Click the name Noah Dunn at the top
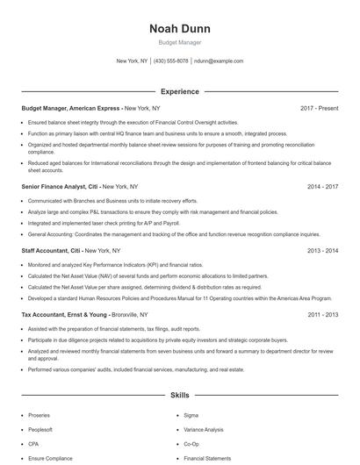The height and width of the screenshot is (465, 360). [179, 28]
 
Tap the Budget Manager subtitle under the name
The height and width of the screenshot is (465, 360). [179, 42]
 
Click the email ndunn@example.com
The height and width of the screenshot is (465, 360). [219, 61]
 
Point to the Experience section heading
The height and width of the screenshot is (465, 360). [179, 91]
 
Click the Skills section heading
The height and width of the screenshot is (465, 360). [179, 397]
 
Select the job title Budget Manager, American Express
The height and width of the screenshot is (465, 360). [71, 108]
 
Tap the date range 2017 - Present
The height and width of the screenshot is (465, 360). [320, 108]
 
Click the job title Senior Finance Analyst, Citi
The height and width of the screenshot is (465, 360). [60, 187]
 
